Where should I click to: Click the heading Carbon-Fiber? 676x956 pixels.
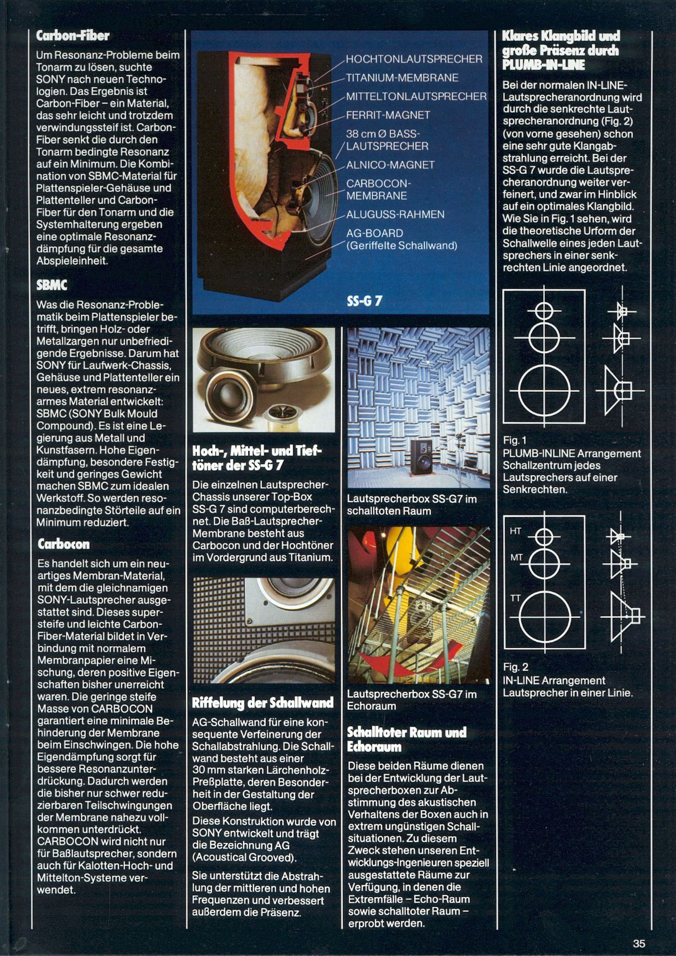[73, 36]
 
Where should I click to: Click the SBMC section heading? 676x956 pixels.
[52, 285]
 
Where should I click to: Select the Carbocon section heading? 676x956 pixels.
[63, 544]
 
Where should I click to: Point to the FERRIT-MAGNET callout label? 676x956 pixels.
[388, 115]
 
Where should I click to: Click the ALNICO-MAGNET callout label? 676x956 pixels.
[390, 165]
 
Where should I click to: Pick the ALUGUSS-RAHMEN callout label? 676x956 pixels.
[395, 214]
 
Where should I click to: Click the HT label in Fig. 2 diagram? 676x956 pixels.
[515, 531]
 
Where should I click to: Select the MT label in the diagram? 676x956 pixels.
[516, 557]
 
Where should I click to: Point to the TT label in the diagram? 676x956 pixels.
[515, 598]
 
